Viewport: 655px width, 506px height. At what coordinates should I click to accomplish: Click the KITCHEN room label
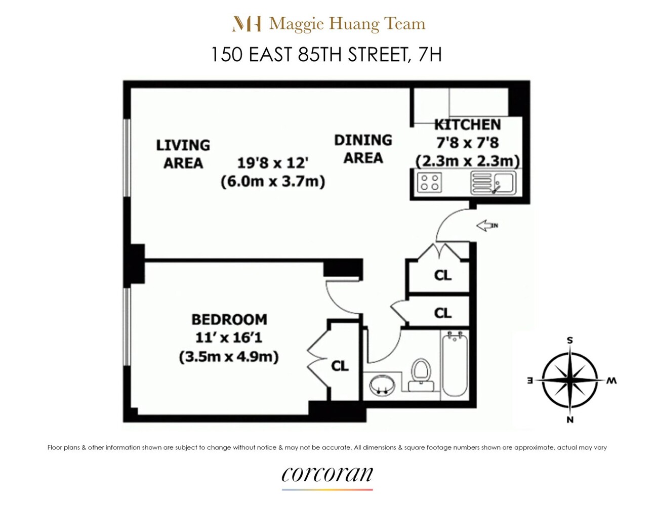(x=467, y=124)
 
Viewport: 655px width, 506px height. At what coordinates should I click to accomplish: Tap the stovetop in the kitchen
(x=429, y=182)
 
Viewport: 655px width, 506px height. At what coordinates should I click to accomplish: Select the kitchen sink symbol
(x=493, y=183)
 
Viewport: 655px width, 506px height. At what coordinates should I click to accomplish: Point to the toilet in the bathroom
(x=420, y=374)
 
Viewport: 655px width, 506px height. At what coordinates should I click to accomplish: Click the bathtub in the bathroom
(x=454, y=364)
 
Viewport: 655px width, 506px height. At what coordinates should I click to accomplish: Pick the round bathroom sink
(x=382, y=386)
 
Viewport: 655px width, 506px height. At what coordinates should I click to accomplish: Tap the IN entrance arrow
(x=487, y=226)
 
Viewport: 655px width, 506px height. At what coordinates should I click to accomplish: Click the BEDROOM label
(x=229, y=319)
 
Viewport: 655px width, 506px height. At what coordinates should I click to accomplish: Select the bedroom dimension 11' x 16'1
(x=229, y=338)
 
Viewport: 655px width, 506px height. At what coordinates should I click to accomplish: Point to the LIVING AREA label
(x=183, y=154)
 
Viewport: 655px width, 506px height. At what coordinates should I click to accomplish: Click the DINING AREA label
(x=363, y=149)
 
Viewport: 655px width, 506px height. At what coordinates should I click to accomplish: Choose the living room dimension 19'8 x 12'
(x=273, y=163)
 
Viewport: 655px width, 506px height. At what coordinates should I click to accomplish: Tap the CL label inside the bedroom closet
(x=340, y=365)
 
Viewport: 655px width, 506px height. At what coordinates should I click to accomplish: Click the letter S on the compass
(x=569, y=341)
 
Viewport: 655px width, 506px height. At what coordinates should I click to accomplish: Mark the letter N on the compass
(x=570, y=419)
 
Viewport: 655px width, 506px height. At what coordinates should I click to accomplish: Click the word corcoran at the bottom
(x=327, y=475)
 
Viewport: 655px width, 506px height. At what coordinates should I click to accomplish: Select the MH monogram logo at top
(x=247, y=24)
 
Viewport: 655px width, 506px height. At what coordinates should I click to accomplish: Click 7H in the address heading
(x=430, y=54)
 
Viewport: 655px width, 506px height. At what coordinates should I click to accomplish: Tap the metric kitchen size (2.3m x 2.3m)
(x=467, y=161)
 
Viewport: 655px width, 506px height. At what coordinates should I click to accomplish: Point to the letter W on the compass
(x=611, y=381)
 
